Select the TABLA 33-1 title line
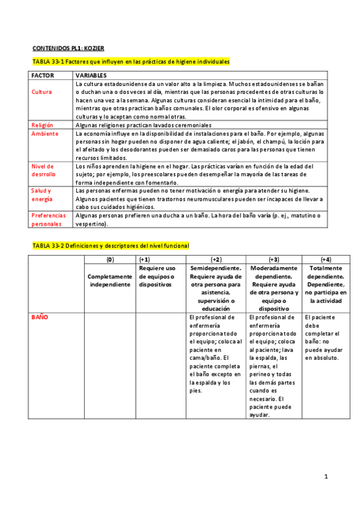130,62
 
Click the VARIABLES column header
91,76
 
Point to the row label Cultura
41,92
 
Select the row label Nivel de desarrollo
43,170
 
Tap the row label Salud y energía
42,194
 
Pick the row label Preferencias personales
49,219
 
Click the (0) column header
110,259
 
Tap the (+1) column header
144,259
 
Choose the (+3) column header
274,259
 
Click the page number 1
325,477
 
